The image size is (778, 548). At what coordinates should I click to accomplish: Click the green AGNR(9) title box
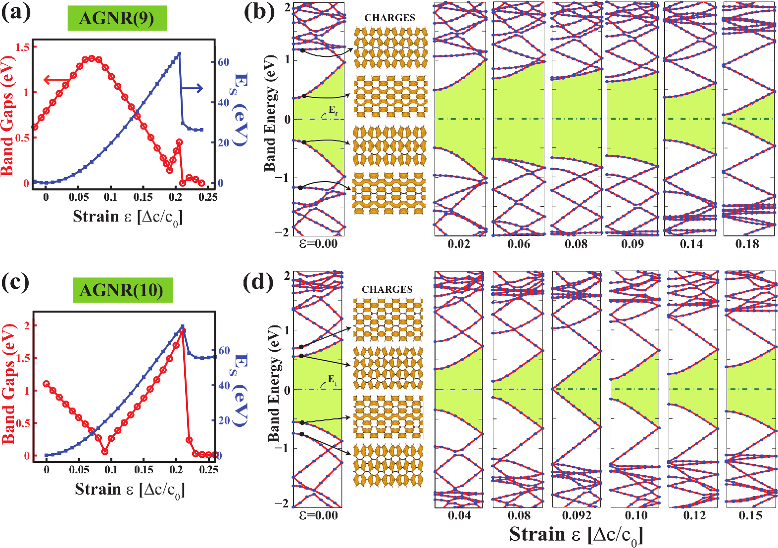tap(117, 18)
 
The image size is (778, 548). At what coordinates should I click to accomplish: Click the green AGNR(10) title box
tap(122, 290)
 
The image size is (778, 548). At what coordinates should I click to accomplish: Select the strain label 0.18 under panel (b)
tap(747, 244)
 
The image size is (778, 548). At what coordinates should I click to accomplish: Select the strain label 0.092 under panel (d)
tap(577, 515)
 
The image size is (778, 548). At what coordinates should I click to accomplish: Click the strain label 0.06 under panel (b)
tap(519, 244)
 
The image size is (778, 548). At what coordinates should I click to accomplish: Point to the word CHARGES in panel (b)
tap(389, 18)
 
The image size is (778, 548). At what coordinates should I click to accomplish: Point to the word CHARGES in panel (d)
tap(387, 289)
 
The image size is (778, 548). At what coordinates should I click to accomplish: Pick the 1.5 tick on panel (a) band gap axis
tap(23, 47)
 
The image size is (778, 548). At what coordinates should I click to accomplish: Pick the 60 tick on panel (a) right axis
tap(223, 62)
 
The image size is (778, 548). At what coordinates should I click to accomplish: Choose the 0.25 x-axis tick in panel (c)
tap(209, 469)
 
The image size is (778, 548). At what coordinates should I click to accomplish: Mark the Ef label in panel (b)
tap(333, 109)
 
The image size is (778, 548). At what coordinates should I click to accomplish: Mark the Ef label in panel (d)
tap(333, 380)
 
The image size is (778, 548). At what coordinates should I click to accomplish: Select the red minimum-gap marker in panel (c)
tap(105, 451)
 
